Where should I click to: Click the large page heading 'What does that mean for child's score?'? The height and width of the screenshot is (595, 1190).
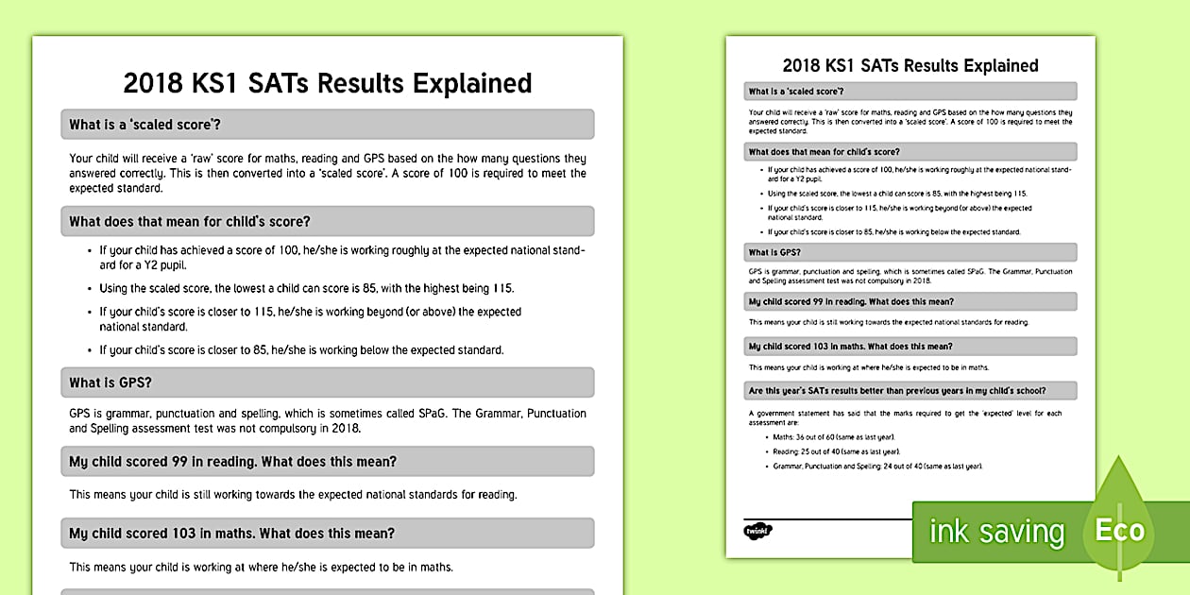(189, 222)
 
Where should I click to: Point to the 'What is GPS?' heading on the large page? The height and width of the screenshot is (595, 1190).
(110, 382)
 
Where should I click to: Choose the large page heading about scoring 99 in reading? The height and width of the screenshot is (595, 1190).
(232, 462)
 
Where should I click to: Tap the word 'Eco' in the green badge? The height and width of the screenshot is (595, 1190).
(1119, 531)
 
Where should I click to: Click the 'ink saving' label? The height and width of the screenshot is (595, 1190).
(995, 532)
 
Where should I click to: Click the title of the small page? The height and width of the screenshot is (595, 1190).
(910, 66)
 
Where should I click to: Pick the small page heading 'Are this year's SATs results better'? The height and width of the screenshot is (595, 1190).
(897, 390)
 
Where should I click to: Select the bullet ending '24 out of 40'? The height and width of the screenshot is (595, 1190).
(877, 466)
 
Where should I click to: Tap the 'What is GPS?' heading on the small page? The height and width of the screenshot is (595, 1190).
(774, 252)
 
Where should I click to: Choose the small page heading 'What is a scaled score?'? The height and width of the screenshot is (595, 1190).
(795, 92)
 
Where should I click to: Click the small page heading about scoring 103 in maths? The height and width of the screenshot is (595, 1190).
(850, 347)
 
